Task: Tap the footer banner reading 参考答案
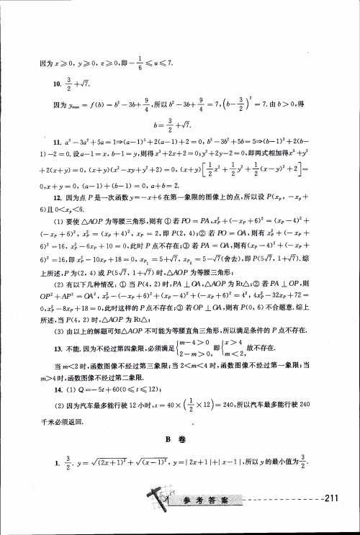(207, 498)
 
